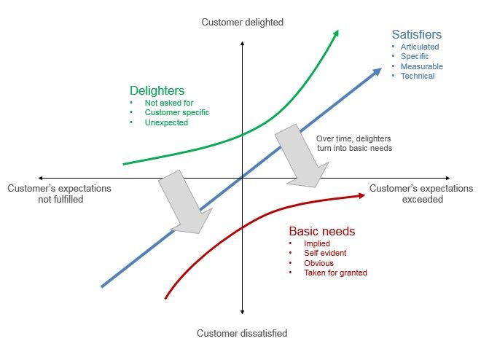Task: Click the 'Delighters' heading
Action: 157,91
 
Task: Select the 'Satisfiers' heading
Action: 417,34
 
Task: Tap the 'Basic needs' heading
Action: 322,231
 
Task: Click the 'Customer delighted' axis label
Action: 243,23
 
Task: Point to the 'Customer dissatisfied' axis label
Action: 242,333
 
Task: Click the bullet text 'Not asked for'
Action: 169,103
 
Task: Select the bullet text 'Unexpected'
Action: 166,122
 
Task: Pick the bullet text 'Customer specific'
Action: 176,112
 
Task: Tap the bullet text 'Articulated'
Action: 420,47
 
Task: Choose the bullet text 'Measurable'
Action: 422,66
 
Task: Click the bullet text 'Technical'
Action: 418,76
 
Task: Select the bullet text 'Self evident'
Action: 325,253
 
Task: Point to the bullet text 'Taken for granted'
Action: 335,273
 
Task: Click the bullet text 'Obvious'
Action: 318,263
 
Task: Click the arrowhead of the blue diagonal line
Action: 377,72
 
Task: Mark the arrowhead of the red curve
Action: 361,195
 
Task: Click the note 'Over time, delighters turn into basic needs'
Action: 354,144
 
